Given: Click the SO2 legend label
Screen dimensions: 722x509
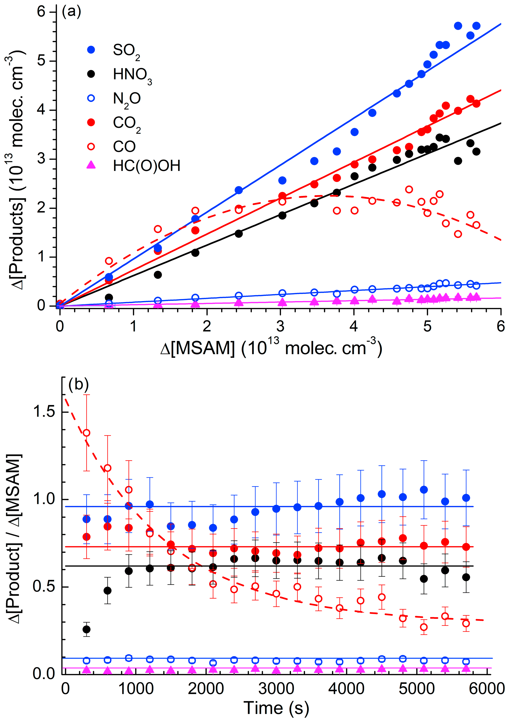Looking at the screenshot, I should click(x=126, y=51).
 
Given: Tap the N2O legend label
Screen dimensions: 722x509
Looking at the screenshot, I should click(x=127, y=99).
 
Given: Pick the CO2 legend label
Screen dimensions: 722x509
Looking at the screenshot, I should click(x=127, y=123).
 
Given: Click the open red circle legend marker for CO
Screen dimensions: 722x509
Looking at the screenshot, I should click(x=91, y=146).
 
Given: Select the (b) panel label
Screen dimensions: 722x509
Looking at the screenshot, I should click(x=78, y=384).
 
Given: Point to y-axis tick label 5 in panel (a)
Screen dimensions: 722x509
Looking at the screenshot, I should click(x=41, y=61).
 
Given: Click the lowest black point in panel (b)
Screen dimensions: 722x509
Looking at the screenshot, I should click(x=86, y=629).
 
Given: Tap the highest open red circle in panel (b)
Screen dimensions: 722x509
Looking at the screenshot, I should click(x=86, y=433).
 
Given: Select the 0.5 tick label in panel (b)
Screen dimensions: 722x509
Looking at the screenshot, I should click(x=44, y=587).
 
